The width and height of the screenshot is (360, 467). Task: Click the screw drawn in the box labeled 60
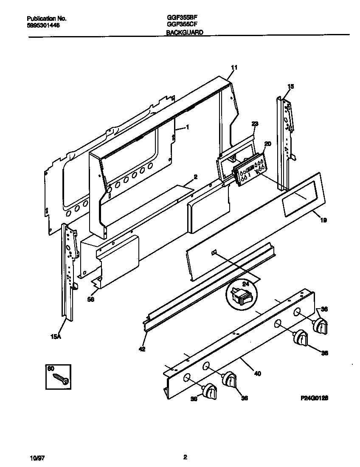[x=61, y=379]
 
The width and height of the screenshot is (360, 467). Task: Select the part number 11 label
[x=234, y=68]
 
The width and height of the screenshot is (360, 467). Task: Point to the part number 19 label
[x=324, y=220]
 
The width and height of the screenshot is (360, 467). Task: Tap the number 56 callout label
[x=90, y=299]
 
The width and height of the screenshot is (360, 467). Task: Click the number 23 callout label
[x=255, y=124]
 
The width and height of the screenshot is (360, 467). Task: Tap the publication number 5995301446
[x=43, y=25]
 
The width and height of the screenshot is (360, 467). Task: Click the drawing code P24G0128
[x=315, y=399]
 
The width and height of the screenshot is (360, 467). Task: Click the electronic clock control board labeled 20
[x=251, y=170]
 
